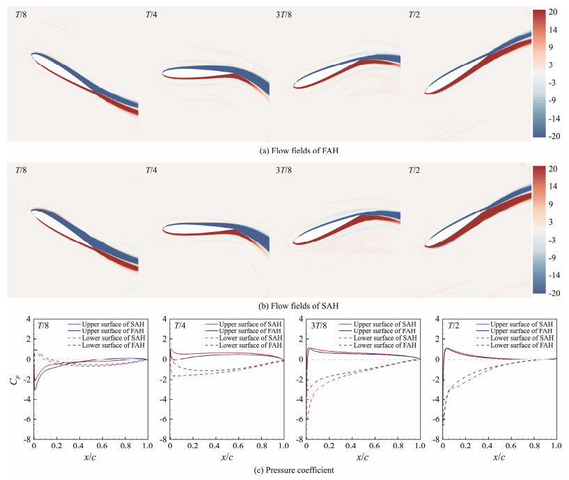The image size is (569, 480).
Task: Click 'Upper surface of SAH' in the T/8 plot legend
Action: (x=106, y=325)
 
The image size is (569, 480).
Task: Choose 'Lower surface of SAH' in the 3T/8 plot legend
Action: (x=384, y=339)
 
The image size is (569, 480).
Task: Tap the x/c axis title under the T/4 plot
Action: (x=226, y=458)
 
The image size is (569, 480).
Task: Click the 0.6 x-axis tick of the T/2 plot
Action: (x=510, y=447)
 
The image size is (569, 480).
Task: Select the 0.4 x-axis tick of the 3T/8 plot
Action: (x=352, y=447)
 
